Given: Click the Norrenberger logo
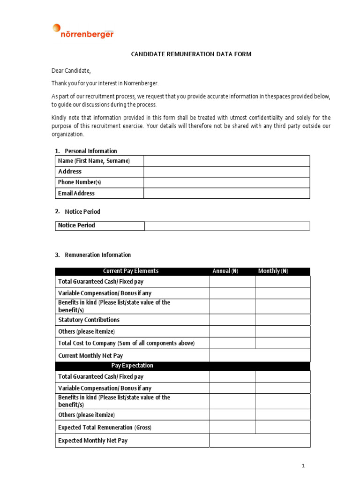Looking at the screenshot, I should point(83,31).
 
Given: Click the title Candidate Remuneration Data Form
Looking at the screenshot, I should point(191,54).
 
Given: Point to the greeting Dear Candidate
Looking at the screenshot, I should point(71,71).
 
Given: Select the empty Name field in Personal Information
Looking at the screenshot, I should point(226,161).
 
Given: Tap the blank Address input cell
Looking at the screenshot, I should point(226,172).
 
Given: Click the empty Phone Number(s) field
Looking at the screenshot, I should point(226,182).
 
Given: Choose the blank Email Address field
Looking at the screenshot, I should point(226,193).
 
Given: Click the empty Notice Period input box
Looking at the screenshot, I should point(227,226).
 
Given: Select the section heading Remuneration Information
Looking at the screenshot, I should point(97,255).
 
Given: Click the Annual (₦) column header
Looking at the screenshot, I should point(225,271).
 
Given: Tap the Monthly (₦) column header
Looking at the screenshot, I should point(273,271).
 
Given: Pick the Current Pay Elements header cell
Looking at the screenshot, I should point(131,271).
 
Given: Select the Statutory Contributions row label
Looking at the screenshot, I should point(89,320).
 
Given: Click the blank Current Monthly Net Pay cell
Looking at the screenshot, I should point(259,356).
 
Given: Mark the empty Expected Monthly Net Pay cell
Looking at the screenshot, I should point(259,441).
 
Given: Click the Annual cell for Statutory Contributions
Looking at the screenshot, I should point(232,320).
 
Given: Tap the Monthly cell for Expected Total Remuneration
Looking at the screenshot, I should point(282,427).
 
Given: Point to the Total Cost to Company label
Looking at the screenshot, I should point(126,343).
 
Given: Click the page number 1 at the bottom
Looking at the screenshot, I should point(303,465).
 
